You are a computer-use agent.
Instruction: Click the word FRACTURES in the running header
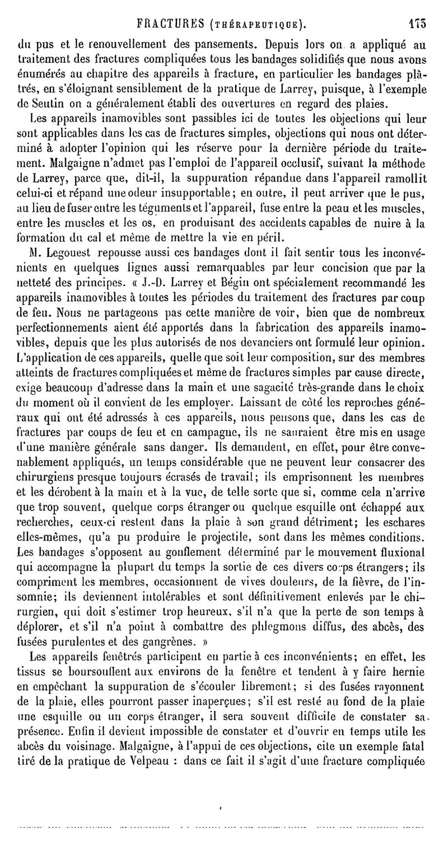coord(173,25)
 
